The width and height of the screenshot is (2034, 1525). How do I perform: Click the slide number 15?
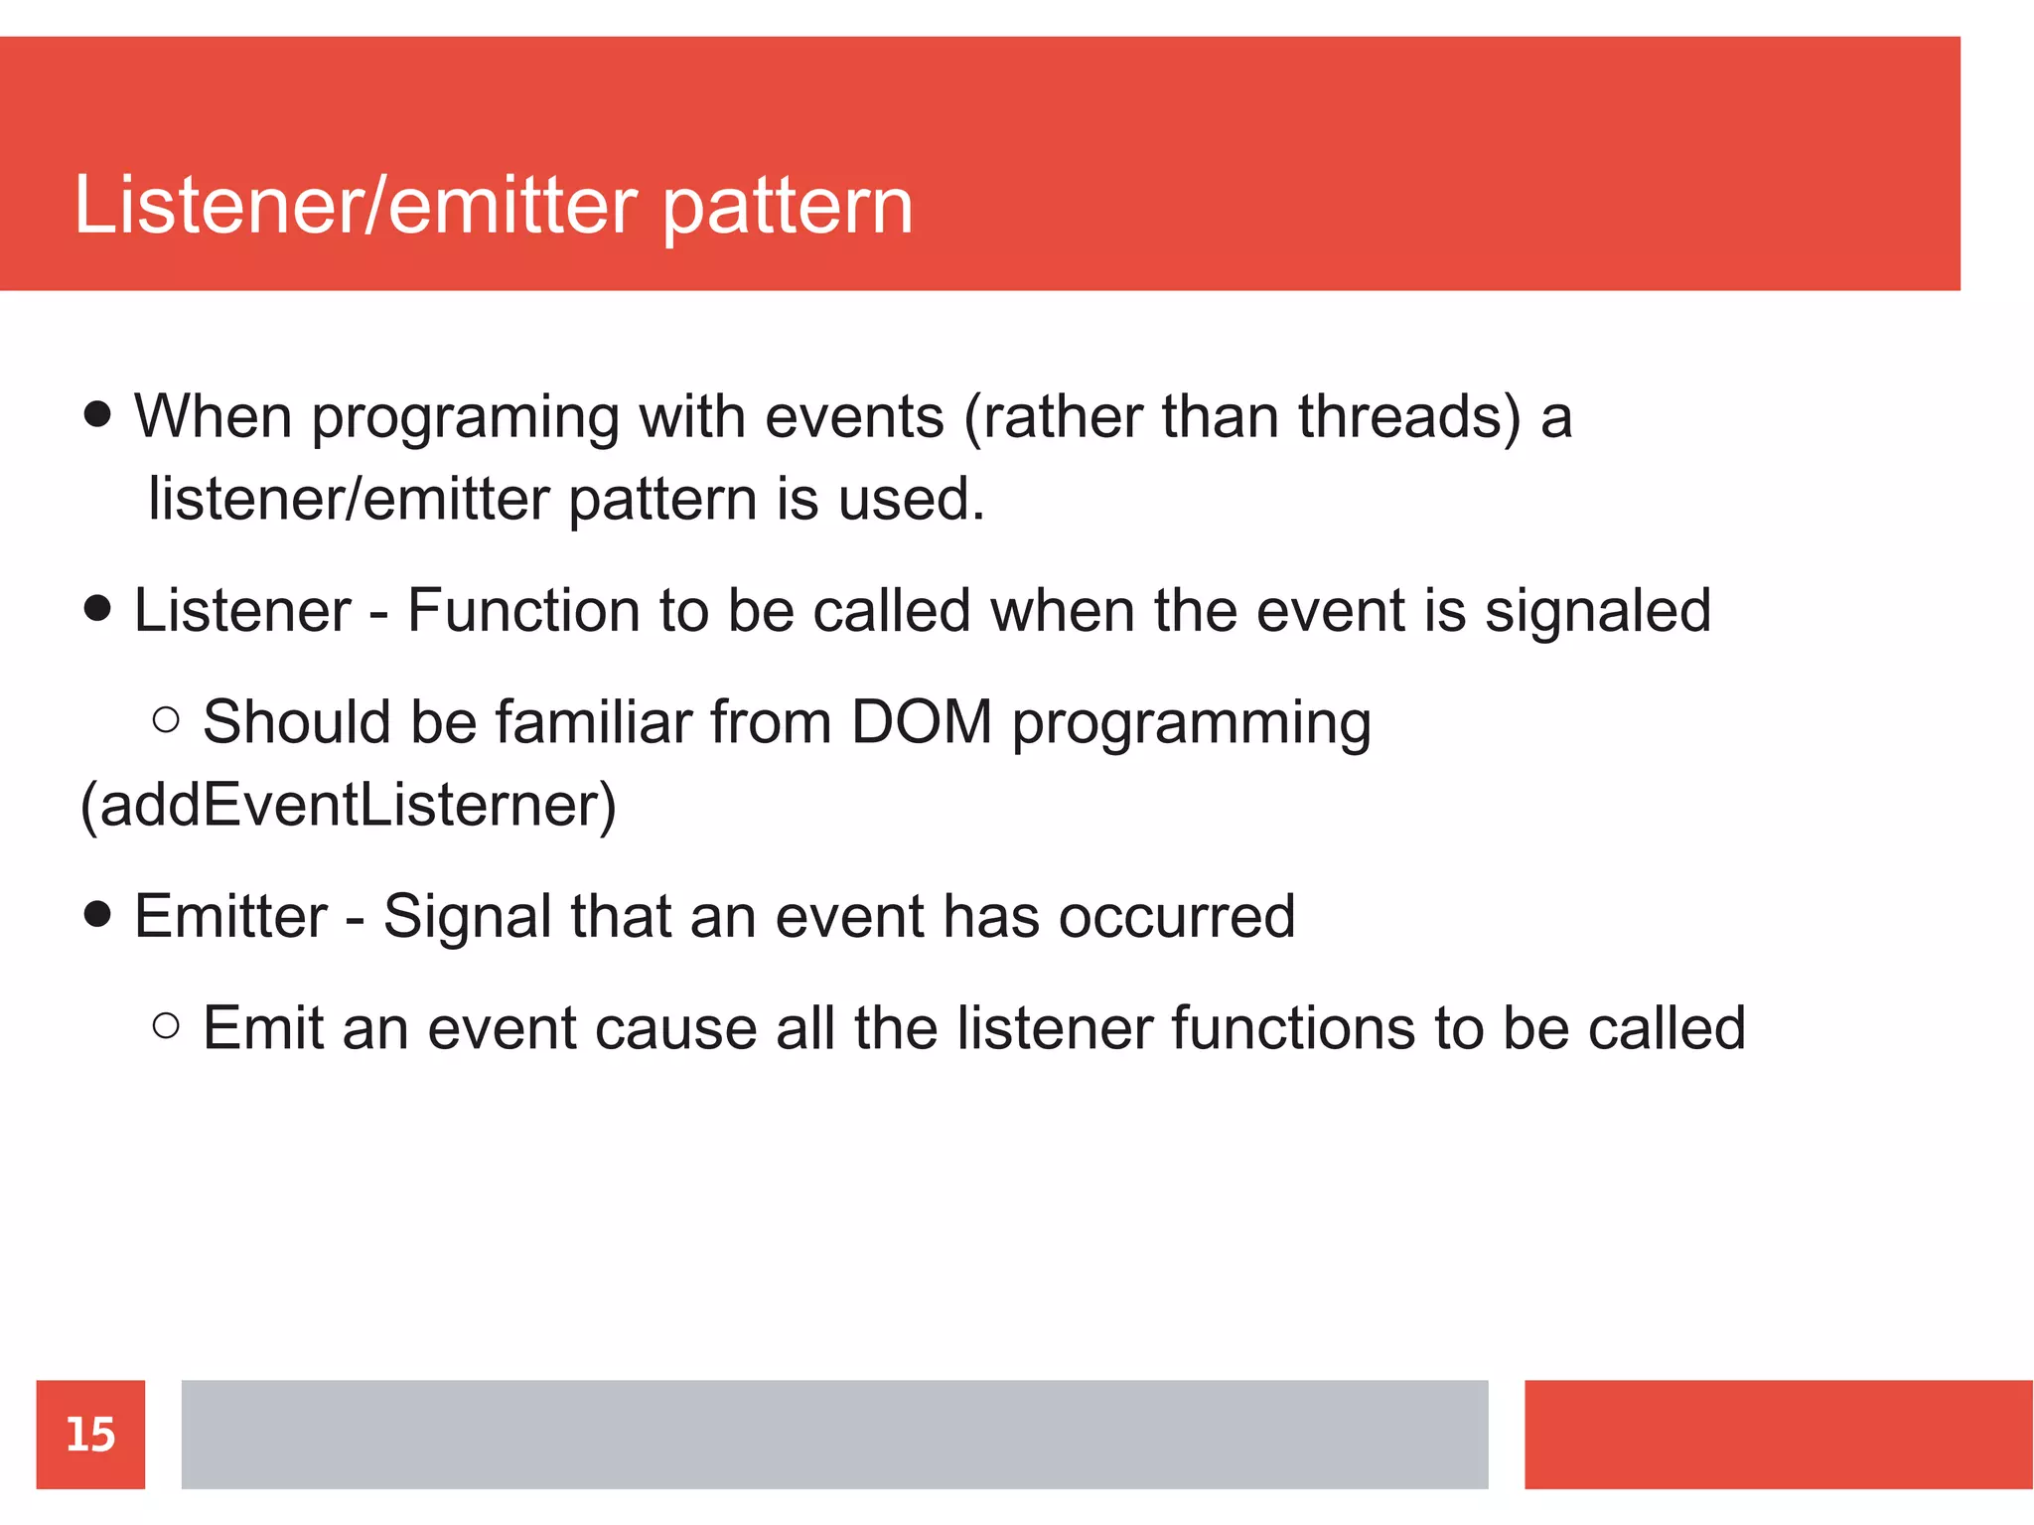click(x=90, y=1435)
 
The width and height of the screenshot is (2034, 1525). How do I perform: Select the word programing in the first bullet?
click(x=465, y=418)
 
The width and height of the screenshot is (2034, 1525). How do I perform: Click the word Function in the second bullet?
click(x=522, y=610)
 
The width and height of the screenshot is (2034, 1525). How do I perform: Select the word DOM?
click(x=922, y=721)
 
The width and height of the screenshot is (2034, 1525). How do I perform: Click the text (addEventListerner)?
click(x=348, y=805)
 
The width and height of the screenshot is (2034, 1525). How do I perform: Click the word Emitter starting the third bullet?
click(x=230, y=916)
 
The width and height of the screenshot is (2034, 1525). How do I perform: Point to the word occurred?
click(x=1176, y=916)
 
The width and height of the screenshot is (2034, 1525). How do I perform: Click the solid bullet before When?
click(x=97, y=414)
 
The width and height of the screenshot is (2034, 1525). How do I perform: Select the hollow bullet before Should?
click(x=167, y=719)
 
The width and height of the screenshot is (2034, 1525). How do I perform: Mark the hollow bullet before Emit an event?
click(x=167, y=1025)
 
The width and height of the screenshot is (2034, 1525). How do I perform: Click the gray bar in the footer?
click(x=834, y=1435)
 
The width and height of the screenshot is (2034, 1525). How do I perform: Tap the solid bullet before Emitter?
click(x=97, y=914)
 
